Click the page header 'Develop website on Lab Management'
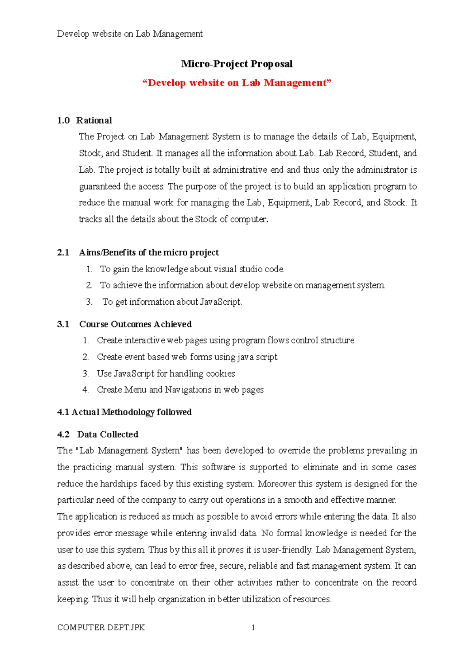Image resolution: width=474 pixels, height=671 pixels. tap(130, 34)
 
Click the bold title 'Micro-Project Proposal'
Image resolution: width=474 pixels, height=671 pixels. tap(237, 64)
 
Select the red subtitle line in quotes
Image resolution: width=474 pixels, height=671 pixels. tap(237, 83)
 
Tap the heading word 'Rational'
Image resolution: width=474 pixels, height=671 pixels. tap(94, 121)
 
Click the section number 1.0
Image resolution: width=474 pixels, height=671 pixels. tap(63, 121)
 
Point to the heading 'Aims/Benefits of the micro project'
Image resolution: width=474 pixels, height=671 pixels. tap(149, 253)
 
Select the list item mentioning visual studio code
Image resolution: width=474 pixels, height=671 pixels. tap(192, 270)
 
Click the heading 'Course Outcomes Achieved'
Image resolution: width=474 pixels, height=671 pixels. tap(135, 324)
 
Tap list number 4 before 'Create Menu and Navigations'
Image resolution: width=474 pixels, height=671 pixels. tap(85, 390)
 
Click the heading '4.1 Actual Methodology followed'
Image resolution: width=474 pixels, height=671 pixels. tap(124, 412)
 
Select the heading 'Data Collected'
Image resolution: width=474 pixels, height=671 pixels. tap(108, 435)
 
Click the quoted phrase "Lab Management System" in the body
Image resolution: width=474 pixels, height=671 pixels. tap(128, 451)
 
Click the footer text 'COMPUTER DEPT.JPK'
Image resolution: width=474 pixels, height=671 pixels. tap(101, 628)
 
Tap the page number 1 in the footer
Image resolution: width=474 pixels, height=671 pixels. tap(253, 628)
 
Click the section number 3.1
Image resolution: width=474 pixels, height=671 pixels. tap(63, 324)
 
